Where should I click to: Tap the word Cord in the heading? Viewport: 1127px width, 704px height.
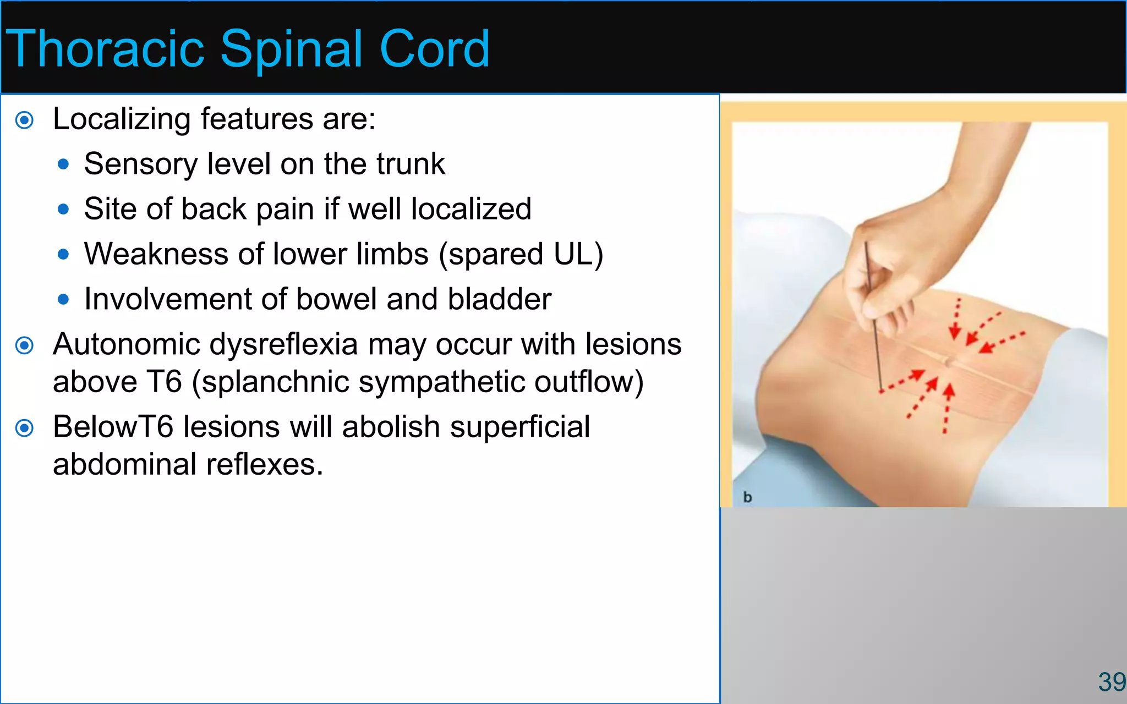click(434, 50)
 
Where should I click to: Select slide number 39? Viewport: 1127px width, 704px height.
click(1111, 683)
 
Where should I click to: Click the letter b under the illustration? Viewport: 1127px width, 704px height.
click(747, 497)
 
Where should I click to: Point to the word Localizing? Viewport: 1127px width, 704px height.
click(122, 119)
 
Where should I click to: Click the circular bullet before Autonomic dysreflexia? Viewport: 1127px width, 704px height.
click(25, 346)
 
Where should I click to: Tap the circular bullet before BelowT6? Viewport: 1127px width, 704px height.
click(25, 428)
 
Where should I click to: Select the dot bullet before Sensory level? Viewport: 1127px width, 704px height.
click(63, 164)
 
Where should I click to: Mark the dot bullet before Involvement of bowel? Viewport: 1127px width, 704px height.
click(63, 300)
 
